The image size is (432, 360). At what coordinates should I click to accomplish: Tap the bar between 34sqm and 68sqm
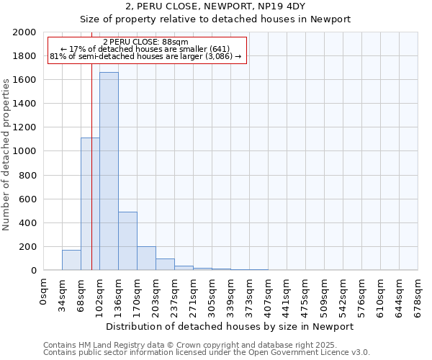tap(71, 260)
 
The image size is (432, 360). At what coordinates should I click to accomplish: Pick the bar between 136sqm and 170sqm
tap(127, 241)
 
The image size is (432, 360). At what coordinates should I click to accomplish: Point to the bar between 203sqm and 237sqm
tap(165, 264)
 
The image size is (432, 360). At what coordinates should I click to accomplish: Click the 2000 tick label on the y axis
tap(24, 32)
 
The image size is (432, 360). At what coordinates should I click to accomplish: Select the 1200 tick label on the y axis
tap(24, 127)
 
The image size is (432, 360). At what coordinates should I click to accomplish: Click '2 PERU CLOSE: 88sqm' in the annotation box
tap(147, 42)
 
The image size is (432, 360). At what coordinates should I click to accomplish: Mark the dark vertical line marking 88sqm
tap(92, 180)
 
